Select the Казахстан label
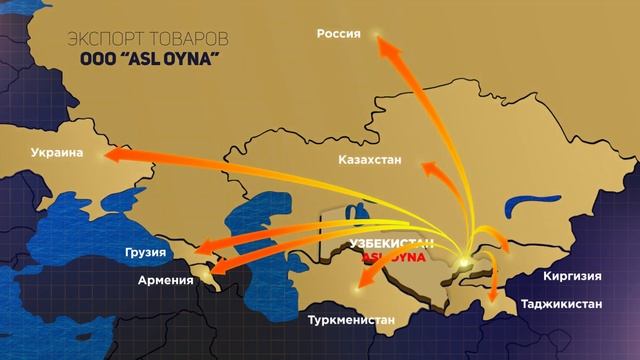coord(370,159)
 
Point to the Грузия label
coord(146,252)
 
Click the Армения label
coord(166,280)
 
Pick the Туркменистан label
coord(346,322)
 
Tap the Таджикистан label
coord(564,300)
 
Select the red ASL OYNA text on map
coord(392,256)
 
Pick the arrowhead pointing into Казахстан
coord(431,168)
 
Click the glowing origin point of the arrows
coord(463,264)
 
